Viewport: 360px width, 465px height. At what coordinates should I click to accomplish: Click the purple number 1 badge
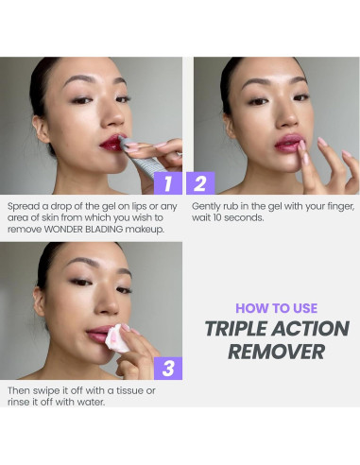point(168,183)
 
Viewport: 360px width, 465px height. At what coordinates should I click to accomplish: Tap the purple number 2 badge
point(200,183)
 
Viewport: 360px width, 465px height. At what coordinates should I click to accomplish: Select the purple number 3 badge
point(168,369)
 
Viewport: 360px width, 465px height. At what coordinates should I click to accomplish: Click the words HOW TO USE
point(277,308)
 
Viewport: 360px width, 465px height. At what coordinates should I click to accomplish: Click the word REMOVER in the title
point(277,352)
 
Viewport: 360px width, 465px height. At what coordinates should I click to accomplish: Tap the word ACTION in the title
point(310,329)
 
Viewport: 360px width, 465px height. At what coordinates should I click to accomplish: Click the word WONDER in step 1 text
point(64,229)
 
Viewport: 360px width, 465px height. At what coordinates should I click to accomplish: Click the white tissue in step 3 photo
point(116,338)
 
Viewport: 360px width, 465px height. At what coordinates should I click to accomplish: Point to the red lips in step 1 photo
point(111,144)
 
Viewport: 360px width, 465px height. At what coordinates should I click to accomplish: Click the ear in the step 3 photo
point(39,301)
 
